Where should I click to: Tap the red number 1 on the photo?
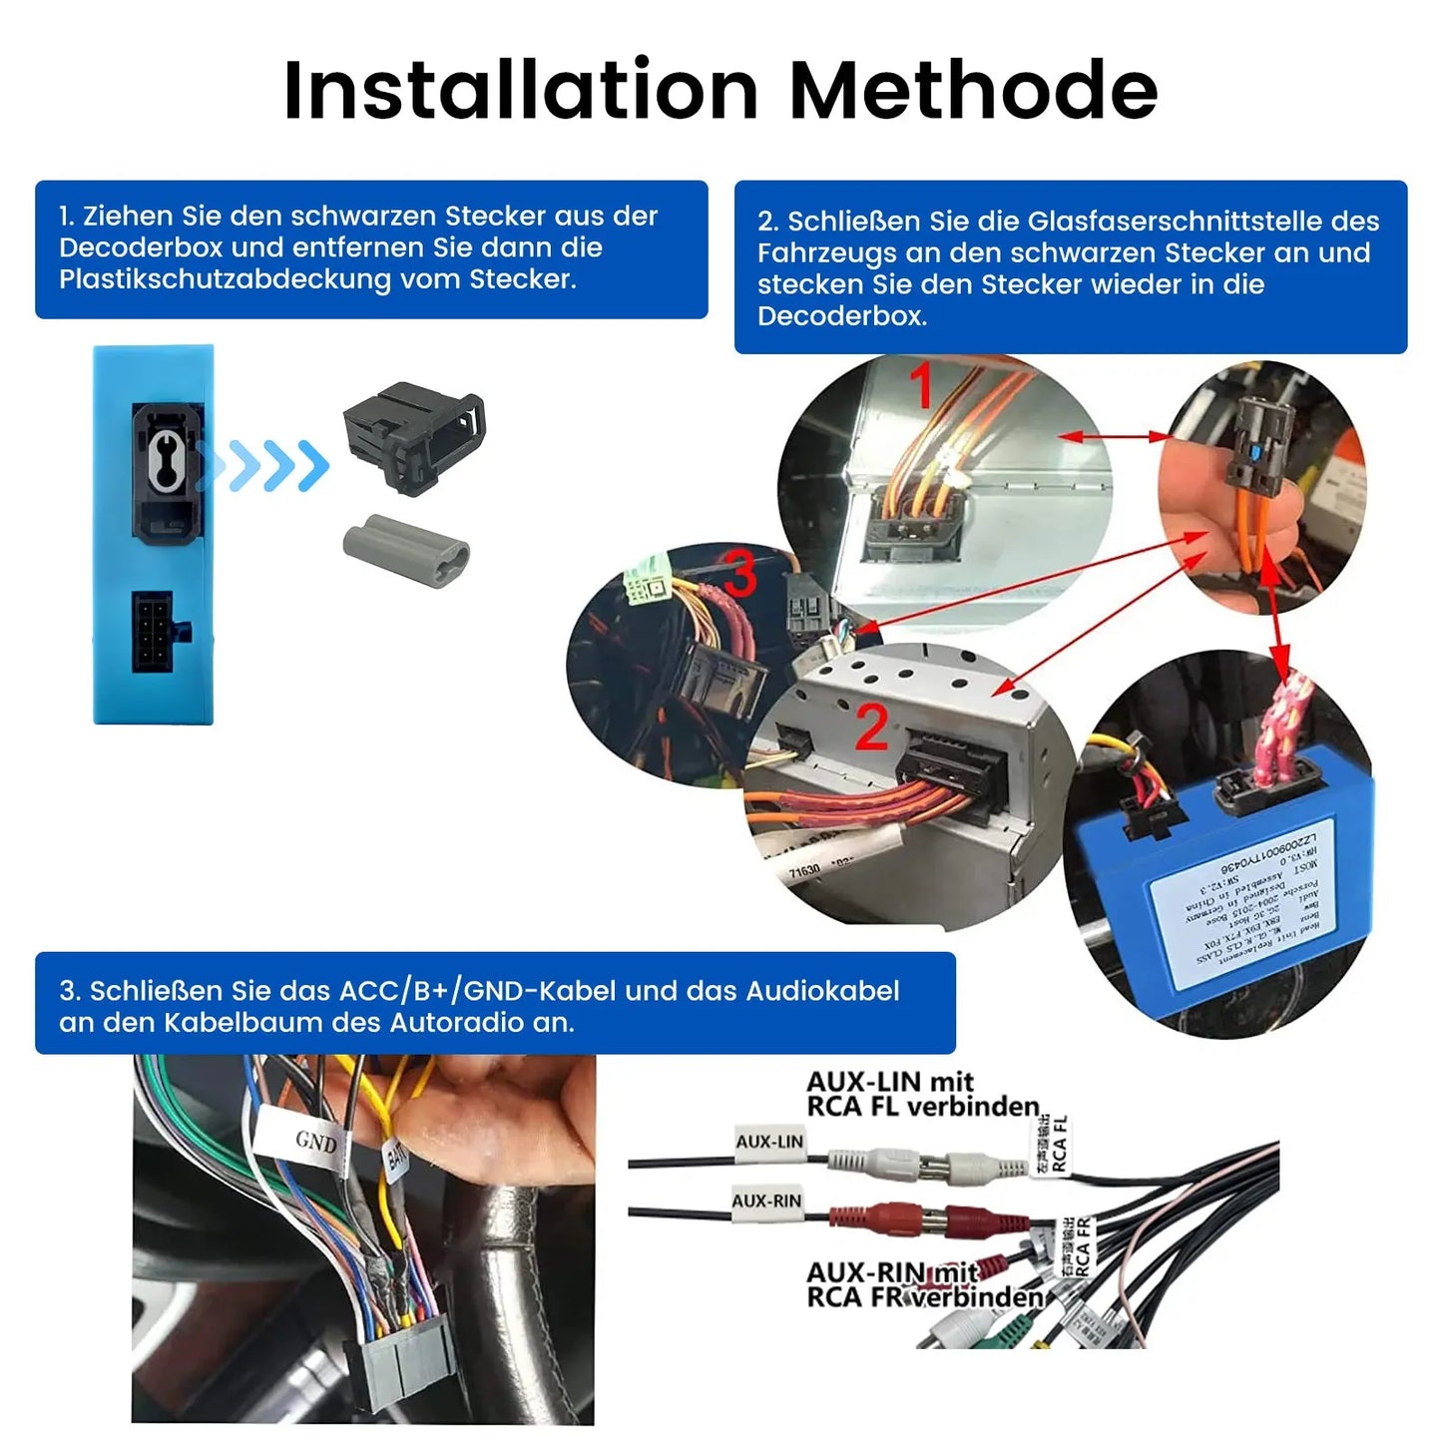coord(921,386)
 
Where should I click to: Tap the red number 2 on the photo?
coord(871,727)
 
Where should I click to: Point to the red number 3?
coord(739,573)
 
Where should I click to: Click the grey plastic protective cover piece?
coord(406,551)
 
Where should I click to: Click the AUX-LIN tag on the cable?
coord(769,1143)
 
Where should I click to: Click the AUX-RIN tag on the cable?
coord(766,1202)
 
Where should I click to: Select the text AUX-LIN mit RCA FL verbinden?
coord(922,1095)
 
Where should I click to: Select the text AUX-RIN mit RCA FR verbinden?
coord(922,1285)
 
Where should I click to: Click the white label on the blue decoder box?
coord(1246,898)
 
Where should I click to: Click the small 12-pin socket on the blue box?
coord(153,632)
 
